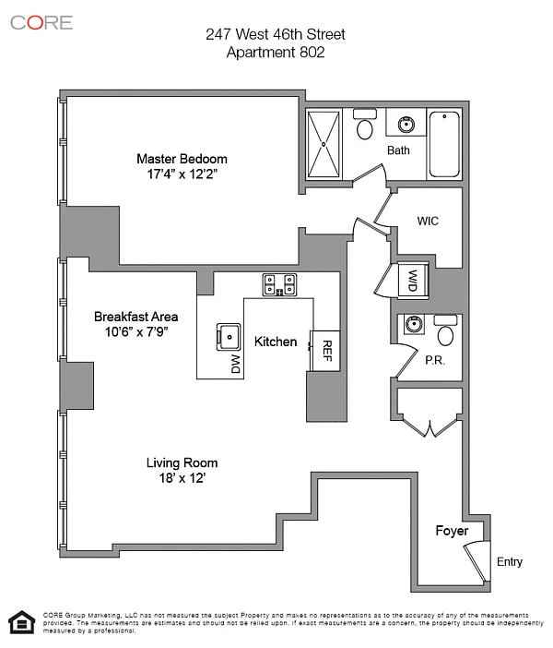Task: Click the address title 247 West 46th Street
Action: [276, 35]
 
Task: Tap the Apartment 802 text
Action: [276, 53]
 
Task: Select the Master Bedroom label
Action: [182, 158]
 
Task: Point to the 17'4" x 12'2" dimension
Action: [182, 174]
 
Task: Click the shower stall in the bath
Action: [324, 144]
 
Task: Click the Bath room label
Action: [398, 150]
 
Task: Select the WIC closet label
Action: [428, 222]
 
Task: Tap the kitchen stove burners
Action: [279, 284]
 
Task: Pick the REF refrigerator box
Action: [324, 350]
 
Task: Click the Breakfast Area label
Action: [130, 317]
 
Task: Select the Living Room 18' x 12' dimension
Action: [182, 478]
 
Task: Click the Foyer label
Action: [453, 531]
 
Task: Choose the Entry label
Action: [509, 561]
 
